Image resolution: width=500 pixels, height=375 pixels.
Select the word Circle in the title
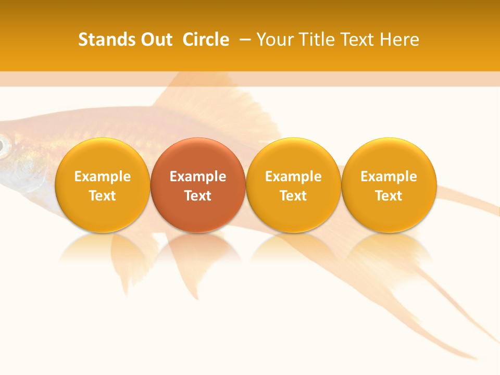point(206,40)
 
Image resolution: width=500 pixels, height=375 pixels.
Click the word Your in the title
point(274,40)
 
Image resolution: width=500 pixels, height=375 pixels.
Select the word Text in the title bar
point(356,40)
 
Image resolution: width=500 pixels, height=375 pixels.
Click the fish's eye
point(3,146)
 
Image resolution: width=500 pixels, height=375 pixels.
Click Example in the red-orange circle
point(198,177)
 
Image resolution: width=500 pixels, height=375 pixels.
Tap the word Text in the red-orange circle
point(198,196)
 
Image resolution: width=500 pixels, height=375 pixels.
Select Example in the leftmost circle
point(103,177)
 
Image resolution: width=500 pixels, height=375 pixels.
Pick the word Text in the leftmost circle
point(103,196)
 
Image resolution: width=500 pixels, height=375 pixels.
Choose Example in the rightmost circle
point(389,177)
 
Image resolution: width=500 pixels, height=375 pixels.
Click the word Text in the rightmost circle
point(389,196)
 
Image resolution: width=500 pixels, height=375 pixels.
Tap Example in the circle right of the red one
point(293,177)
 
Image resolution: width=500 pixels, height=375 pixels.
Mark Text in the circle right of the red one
point(293,196)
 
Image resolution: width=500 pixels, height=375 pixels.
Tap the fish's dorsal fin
point(219,99)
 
